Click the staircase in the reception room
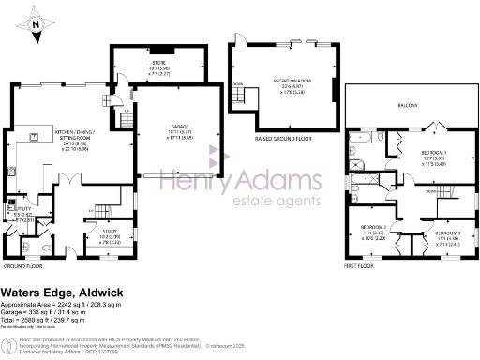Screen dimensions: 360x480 click(241, 97)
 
